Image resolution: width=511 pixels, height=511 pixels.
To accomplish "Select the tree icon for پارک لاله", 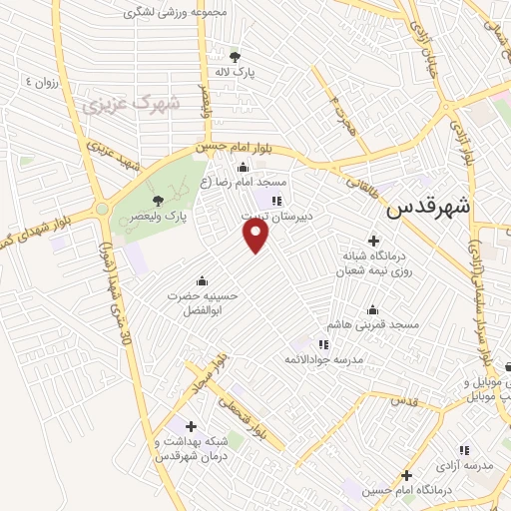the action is (235, 56).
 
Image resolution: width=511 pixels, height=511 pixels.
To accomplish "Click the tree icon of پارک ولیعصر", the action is (158, 202).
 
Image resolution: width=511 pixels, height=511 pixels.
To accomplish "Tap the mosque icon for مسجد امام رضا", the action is (243, 168).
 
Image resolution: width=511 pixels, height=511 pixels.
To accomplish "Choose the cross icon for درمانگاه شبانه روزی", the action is (373, 240).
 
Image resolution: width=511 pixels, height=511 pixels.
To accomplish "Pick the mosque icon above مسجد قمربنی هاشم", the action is (373, 309).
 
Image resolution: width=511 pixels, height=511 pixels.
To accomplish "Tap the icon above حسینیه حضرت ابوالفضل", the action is (204, 279).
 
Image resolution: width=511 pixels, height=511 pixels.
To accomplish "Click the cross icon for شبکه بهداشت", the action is (191, 426).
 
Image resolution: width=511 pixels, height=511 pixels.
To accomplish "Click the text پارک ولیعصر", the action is (141, 216).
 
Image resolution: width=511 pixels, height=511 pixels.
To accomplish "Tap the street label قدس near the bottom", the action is (403, 399).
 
